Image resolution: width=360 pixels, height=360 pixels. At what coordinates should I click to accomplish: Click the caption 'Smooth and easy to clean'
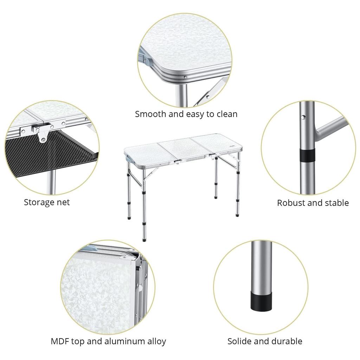pyautogui.click(x=186, y=114)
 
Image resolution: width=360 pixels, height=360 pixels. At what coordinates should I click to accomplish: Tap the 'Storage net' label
pyautogui.click(x=47, y=202)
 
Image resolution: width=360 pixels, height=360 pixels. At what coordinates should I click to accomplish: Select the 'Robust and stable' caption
pyautogui.click(x=313, y=203)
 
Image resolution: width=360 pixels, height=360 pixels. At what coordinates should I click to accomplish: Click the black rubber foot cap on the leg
pyautogui.click(x=261, y=301)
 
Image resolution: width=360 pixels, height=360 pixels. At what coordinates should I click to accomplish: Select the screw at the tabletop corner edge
pyautogui.click(x=185, y=77)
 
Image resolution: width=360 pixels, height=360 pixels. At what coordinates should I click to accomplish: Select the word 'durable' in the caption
pyautogui.click(x=287, y=341)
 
